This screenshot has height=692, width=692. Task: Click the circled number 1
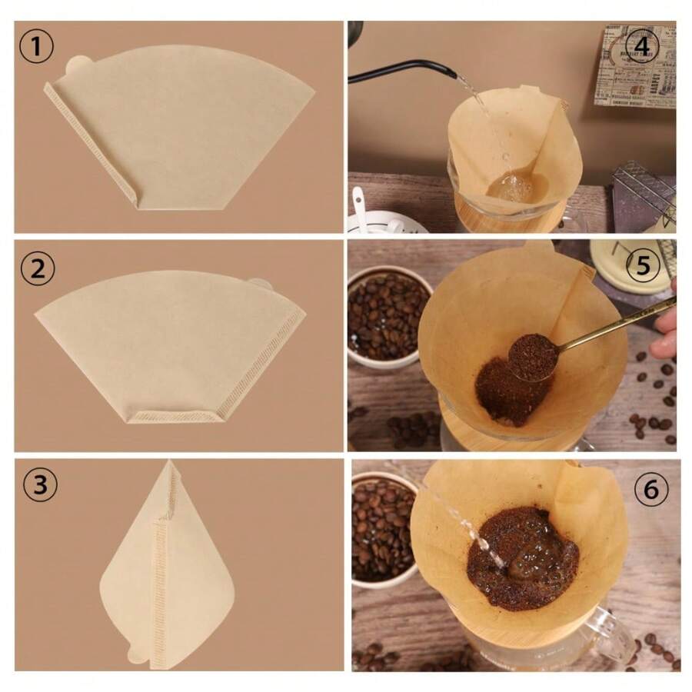click(36, 46)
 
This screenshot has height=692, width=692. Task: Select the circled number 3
click(40, 485)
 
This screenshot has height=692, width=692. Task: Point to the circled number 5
click(643, 266)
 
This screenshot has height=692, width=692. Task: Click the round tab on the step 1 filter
click(78, 65)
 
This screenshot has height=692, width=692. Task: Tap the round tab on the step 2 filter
click(261, 284)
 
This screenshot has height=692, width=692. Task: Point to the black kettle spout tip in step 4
click(453, 74)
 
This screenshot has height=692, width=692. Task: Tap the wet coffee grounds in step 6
click(523, 557)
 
